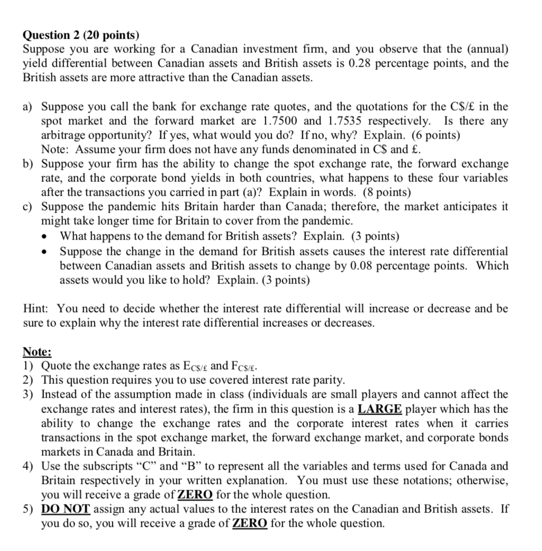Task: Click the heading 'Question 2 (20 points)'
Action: tap(81, 35)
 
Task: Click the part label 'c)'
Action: tap(29, 207)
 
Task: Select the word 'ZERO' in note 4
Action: tap(195, 495)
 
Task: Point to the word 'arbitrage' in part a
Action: tap(64, 135)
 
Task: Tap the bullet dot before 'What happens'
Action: tap(48, 236)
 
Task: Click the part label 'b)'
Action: tap(29, 164)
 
